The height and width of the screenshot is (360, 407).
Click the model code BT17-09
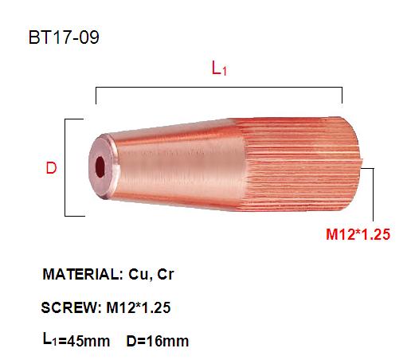point(66,37)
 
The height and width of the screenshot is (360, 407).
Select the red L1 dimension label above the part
point(219,69)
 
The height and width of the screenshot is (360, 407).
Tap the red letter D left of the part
point(50,168)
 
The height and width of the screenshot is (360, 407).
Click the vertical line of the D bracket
point(65,167)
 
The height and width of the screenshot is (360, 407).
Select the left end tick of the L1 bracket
point(96,96)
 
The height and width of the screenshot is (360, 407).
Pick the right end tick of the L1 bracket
point(342,96)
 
